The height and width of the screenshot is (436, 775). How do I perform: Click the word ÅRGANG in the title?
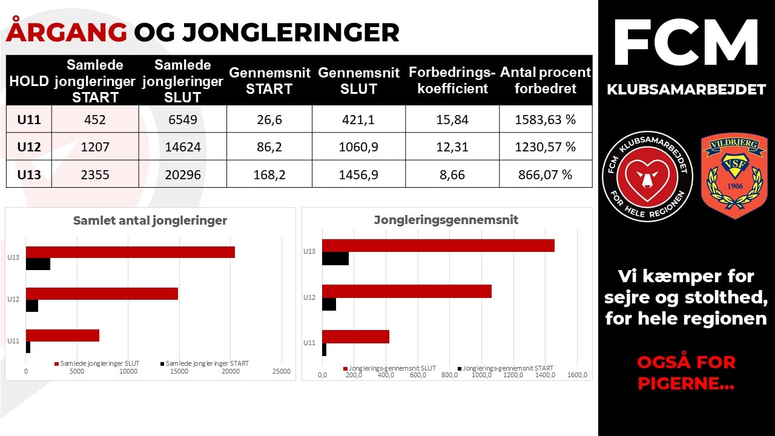(67, 32)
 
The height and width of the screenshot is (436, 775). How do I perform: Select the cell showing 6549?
(182, 120)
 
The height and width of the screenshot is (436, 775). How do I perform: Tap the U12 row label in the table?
(29, 147)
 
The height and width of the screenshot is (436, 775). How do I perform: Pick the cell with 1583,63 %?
(546, 120)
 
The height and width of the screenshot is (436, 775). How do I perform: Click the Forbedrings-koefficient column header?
(452, 81)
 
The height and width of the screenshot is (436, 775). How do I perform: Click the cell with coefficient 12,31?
(452, 147)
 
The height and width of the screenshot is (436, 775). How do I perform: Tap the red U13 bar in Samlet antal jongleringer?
(130, 253)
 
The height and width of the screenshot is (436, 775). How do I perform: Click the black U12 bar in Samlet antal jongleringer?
(32, 306)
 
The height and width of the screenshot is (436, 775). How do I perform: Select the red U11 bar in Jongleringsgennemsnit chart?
(355, 337)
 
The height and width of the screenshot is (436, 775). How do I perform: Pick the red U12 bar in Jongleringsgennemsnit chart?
(406, 291)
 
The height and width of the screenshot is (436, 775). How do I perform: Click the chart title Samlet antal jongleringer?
(150, 220)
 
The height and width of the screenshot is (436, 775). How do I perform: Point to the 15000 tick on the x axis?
(179, 371)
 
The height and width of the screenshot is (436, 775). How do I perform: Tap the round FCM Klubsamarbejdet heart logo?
(647, 176)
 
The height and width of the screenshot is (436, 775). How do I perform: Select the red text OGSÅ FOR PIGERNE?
(686, 372)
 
